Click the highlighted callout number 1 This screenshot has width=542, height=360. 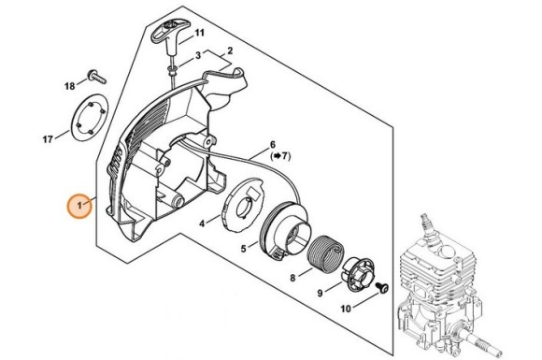click(79, 205)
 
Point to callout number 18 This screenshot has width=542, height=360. click(69, 86)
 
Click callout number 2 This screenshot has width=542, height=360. click(230, 50)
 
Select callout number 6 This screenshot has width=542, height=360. click(273, 145)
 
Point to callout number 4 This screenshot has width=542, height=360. click(203, 223)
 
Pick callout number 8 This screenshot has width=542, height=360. click(293, 278)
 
